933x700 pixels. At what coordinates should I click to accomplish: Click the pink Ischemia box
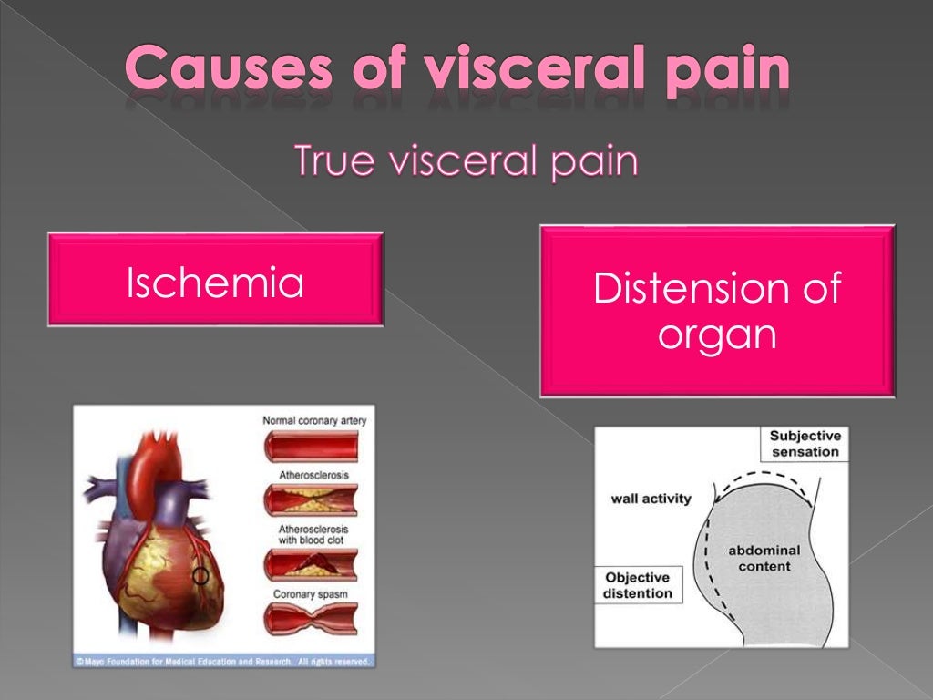[215, 280]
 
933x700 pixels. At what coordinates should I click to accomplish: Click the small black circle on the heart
[200, 576]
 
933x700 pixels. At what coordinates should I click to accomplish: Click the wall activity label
[651, 499]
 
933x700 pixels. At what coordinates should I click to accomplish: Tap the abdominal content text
[764, 558]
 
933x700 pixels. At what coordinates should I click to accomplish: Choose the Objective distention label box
[638, 585]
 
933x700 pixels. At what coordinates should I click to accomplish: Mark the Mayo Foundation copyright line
[223, 661]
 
